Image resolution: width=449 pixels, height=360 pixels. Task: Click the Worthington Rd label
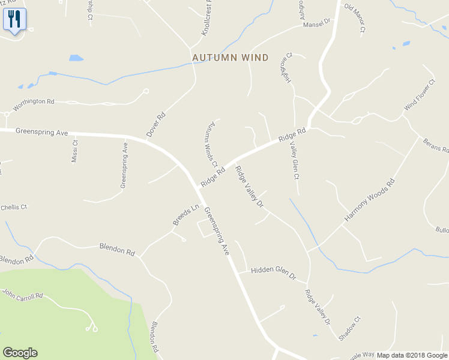point(34,102)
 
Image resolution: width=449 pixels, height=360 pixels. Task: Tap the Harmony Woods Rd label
point(370,200)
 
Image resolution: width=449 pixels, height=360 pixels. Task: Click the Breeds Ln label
point(185,215)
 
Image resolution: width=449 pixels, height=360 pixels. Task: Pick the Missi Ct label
point(75,151)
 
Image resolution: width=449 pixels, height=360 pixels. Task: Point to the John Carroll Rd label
point(23,294)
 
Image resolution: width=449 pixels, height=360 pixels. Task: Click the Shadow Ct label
point(349,329)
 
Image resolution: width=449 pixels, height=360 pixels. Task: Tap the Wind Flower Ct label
point(420,94)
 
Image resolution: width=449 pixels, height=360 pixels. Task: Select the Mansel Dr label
point(317,23)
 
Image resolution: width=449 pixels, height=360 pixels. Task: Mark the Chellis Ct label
point(14,207)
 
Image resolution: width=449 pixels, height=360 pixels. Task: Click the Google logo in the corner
point(20,353)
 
